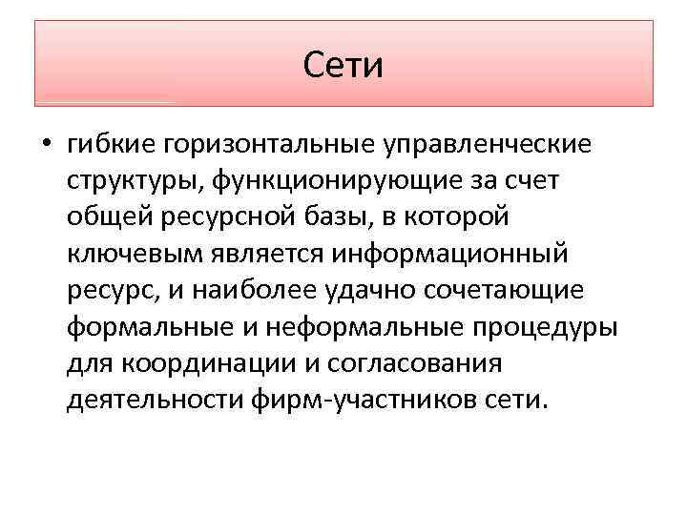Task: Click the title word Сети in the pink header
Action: (x=343, y=65)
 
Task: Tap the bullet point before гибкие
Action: (x=45, y=147)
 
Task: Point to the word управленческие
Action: (x=487, y=145)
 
